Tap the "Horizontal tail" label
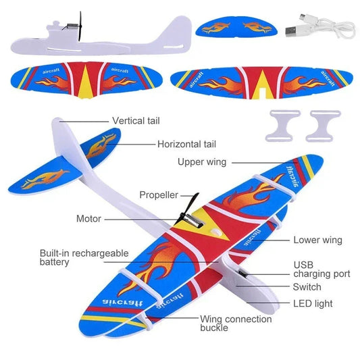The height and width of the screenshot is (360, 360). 186,144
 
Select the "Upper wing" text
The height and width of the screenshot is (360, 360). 202,162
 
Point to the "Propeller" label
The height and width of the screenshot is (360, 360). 159,195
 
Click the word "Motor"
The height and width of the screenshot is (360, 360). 88,219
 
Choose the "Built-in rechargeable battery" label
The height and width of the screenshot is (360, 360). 84,257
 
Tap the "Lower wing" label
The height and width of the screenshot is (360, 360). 317,240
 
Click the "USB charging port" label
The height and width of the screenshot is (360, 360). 322,269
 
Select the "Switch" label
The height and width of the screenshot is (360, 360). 307,286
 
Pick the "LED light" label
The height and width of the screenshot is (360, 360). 313,303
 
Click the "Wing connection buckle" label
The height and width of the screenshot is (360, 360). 228,323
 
